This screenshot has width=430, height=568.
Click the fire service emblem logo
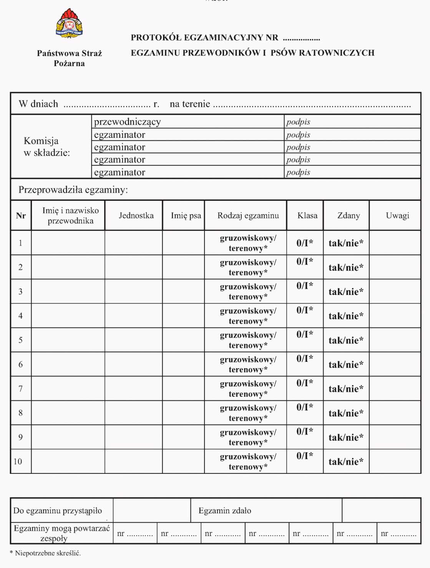coord(69,23)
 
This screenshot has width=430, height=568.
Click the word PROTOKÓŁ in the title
coord(156,38)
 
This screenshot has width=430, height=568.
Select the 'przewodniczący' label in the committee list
coord(127,122)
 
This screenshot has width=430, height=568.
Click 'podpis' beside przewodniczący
coord(298,122)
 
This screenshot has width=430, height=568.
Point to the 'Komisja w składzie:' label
coord(46,147)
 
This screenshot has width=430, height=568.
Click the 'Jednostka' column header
coord(136,215)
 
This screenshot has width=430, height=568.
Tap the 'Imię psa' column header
coord(186,215)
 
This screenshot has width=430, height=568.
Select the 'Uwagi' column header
coord(397,215)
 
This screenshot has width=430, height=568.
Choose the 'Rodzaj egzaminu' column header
coord(248,215)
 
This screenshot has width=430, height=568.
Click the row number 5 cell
coord(21,340)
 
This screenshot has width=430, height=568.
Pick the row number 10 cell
coord(18,461)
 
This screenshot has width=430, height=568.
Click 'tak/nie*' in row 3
coord(346,292)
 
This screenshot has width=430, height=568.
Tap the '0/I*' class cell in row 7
coord(305,383)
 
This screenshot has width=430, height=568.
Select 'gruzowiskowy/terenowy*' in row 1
coord(248,243)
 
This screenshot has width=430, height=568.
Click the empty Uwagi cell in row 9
coord(395,437)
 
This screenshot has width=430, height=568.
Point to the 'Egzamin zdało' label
coord(225,511)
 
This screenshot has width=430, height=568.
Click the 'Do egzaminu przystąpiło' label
coord(58,511)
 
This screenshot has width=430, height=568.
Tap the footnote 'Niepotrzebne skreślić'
coord(48,553)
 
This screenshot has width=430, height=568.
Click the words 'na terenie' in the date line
coord(190,104)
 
